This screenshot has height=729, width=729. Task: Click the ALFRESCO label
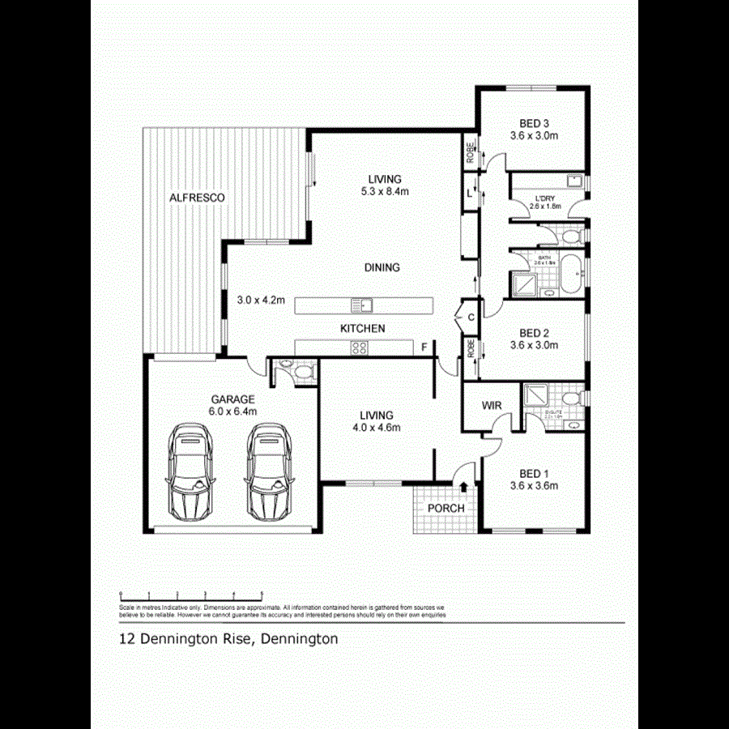pos(197,198)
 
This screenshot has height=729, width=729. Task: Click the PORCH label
pos(446,508)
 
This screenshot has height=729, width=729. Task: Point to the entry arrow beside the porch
pos(463,488)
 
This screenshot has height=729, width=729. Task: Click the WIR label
pos(492,404)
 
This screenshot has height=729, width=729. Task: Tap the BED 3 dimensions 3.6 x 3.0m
pos(534,136)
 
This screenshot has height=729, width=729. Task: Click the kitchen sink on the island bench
pos(362,305)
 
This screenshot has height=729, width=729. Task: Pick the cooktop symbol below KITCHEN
pos(358,348)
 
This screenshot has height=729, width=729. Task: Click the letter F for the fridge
pos(424,347)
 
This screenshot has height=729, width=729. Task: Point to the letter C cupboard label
pos(471,318)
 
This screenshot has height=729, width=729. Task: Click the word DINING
pos(382,267)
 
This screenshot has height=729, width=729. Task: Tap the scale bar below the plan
pos(191,594)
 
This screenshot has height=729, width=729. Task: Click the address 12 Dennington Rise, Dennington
pos(228,638)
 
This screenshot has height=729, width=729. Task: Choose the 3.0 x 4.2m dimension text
pos(261,300)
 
